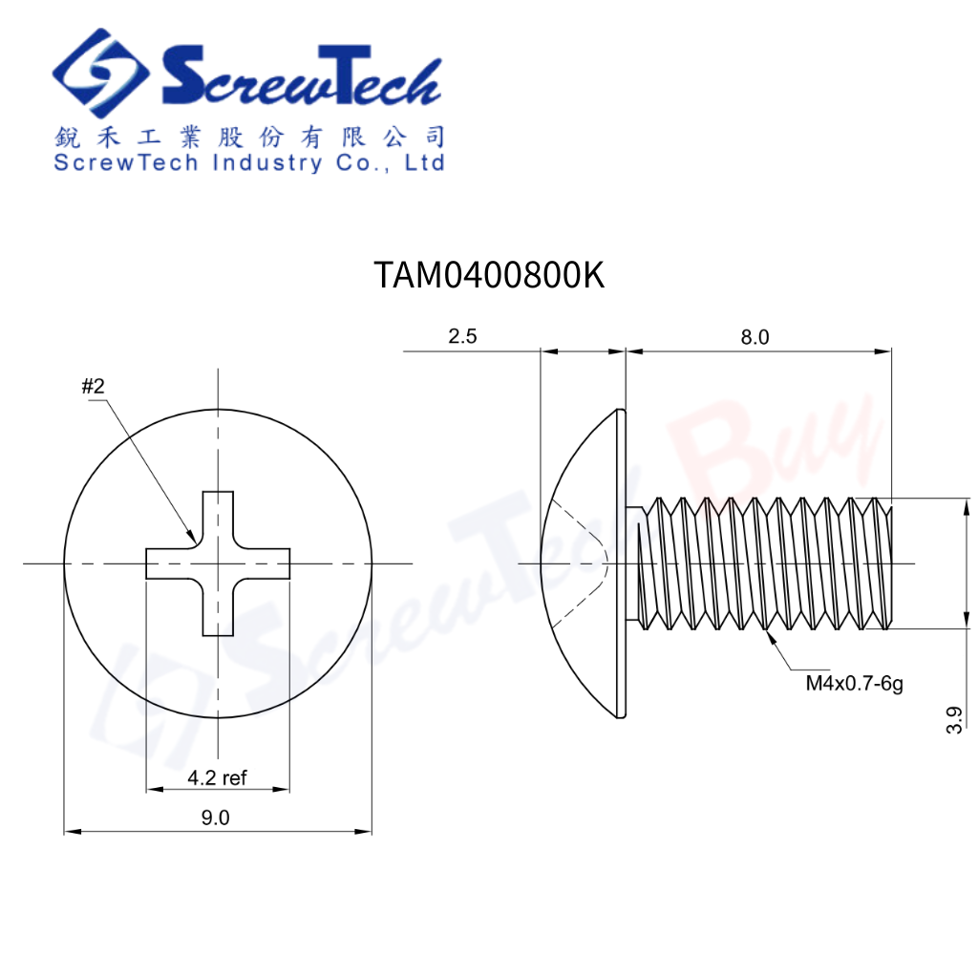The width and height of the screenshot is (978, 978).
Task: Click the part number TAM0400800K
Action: click(489, 274)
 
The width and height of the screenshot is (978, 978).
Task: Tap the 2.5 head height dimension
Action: click(462, 336)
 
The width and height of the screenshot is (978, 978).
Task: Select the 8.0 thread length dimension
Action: click(755, 337)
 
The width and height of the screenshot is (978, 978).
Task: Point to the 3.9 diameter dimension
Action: click(954, 720)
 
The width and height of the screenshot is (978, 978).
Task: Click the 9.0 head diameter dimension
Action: click(215, 818)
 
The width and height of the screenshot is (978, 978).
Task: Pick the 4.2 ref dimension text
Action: click(217, 777)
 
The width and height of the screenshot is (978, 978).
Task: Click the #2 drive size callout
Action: click(93, 387)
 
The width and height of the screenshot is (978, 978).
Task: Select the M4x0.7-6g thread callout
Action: click(855, 684)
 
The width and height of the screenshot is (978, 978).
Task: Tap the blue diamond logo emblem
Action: click(99, 73)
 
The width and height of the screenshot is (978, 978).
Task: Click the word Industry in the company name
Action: click(267, 163)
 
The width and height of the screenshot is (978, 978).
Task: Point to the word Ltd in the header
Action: click(424, 162)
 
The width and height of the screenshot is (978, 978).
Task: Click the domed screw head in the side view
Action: click(584, 563)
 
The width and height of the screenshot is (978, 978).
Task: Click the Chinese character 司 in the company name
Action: click(435, 138)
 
